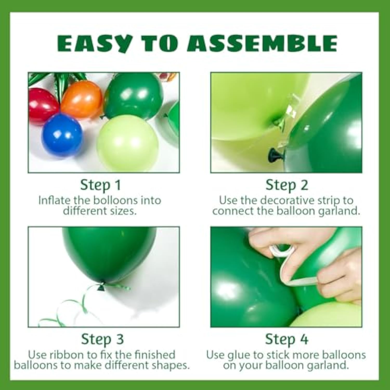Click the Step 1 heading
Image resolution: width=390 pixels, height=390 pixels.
[x=101, y=185]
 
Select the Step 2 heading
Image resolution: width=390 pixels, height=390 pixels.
[x=287, y=185]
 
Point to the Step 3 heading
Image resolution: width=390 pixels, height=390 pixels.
[x=102, y=339]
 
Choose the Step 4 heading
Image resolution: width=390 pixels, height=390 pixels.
[x=287, y=339]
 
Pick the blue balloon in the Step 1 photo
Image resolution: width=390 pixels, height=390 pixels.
[x=62, y=135]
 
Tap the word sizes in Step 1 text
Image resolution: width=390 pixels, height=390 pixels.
[x=125, y=211]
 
